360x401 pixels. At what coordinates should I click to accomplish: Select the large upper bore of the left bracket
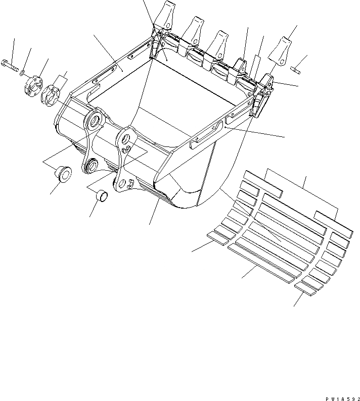[94, 122]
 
